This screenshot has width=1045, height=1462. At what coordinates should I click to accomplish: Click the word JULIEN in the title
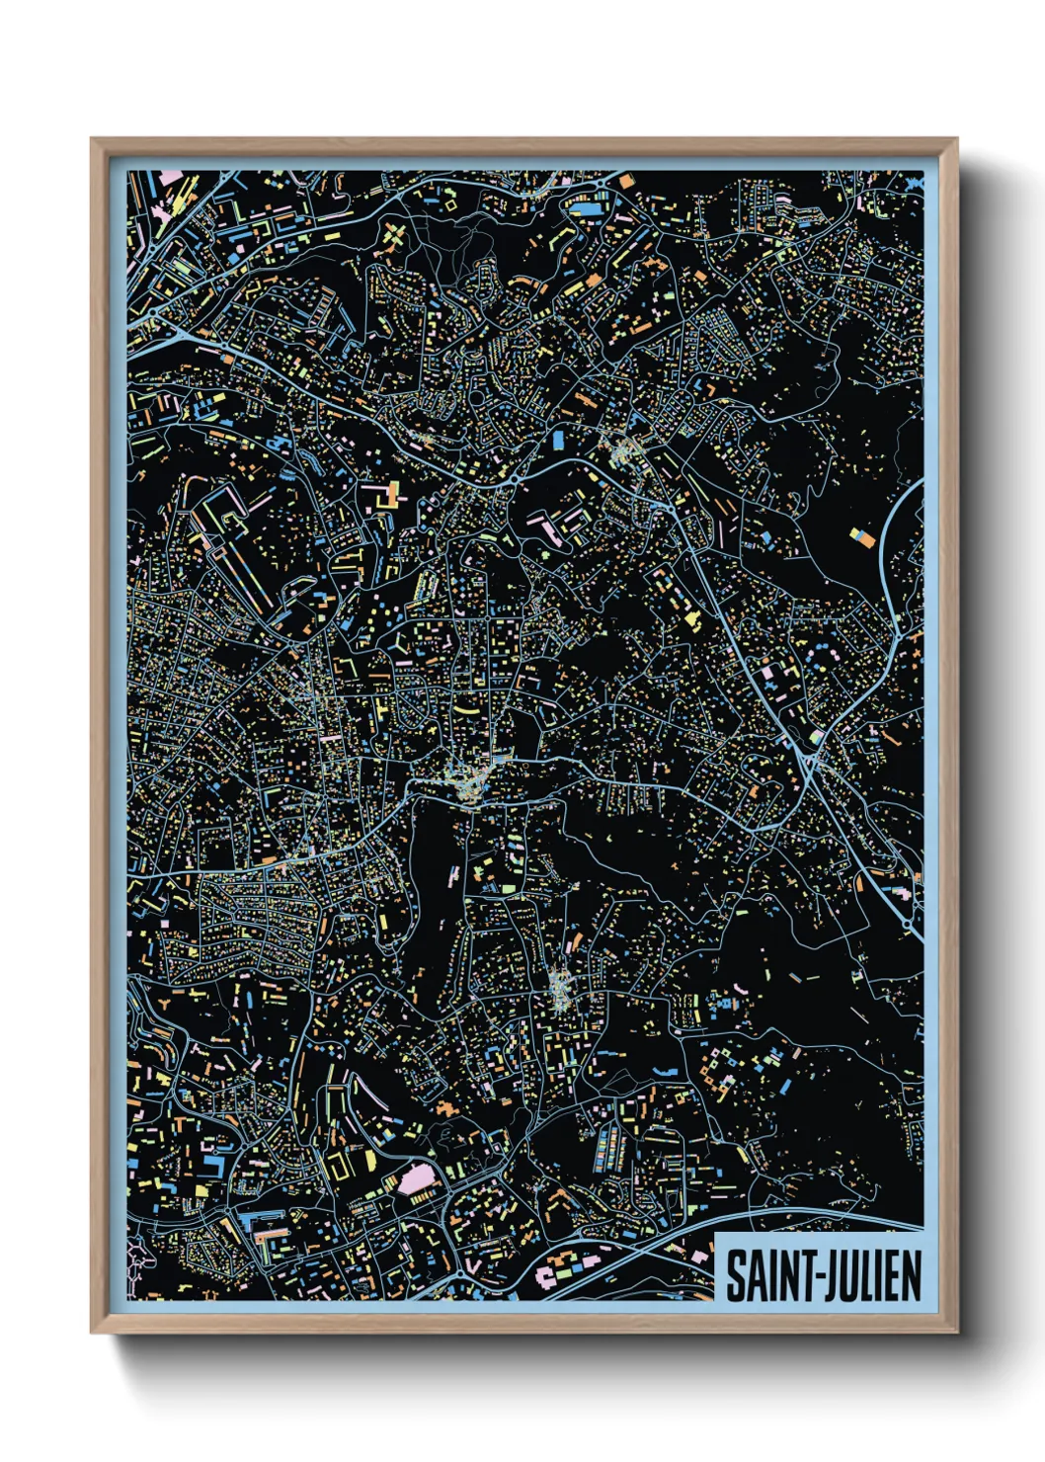[x=872, y=1276]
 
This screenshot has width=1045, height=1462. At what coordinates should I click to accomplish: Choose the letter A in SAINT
[x=754, y=1276]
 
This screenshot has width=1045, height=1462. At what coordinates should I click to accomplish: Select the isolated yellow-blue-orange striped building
[x=862, y=537]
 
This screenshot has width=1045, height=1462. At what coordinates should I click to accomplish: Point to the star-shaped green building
[x=394, y=238]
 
